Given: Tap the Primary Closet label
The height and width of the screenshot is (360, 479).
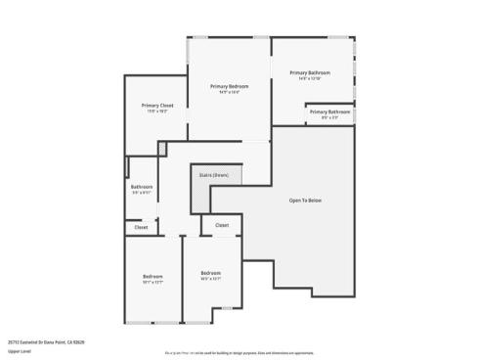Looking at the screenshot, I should point(157,105).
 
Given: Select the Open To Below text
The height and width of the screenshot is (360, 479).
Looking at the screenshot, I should point(305,201).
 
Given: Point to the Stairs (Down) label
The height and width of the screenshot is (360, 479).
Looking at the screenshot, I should point(214,175).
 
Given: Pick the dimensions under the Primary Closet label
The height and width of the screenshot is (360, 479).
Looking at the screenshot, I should point(157,112).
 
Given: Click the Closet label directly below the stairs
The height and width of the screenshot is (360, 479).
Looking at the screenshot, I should point(222,225).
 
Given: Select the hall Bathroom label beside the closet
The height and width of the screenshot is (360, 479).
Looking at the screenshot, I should point(142,186).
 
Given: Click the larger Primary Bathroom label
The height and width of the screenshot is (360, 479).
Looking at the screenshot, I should point(310,72).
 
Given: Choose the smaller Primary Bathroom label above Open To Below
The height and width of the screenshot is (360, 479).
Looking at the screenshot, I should point(330,112).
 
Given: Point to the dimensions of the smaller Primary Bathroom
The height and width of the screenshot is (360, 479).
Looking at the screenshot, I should point(330,118).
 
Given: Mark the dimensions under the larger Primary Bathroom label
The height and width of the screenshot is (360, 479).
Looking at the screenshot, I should point(310,79).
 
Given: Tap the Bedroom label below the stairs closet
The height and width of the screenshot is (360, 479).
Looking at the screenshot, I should point(211,272).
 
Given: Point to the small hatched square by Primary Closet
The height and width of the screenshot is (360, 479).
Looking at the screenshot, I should point(162,148).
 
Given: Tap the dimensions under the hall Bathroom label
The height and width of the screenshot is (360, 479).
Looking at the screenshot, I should point(142,193).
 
